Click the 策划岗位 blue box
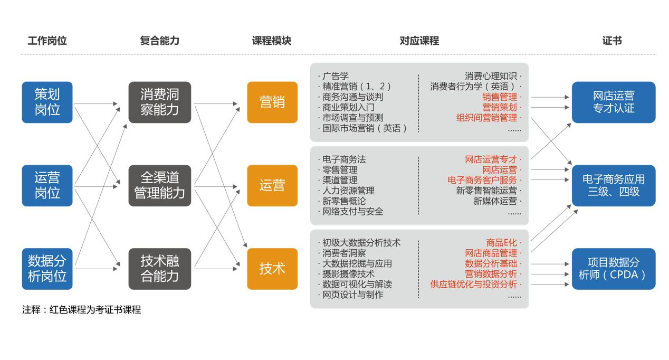(47, 102)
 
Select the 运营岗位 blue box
(47, 185)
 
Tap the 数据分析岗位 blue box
(47, 268)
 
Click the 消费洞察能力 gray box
(159, 102)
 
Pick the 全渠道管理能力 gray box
(159, 185)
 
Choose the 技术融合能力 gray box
(159, 268)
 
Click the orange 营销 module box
(272, 102)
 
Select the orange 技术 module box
(272, 268)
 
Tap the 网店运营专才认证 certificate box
(613, 102)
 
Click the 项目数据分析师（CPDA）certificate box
(613, 268)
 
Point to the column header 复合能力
(159, 41)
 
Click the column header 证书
(612, 41)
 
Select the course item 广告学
(336, 76)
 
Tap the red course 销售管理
(499, 97)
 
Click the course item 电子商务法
(344, 159)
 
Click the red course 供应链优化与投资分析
(474, 285)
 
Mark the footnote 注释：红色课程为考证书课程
(81, 310)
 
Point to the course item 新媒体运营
(495, 201)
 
